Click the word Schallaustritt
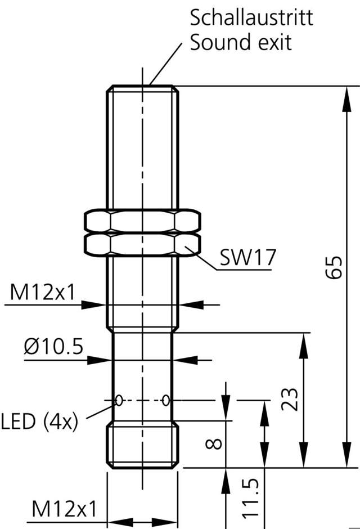[x=251, y=18]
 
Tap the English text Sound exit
[x=241, y=43]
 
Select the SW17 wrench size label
[x=247, y=258]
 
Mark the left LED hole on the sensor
[x=119, y=400]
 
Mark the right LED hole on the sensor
[x=165, y=400]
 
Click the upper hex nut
[x=142, y=221]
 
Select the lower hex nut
[x=142, y=244]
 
